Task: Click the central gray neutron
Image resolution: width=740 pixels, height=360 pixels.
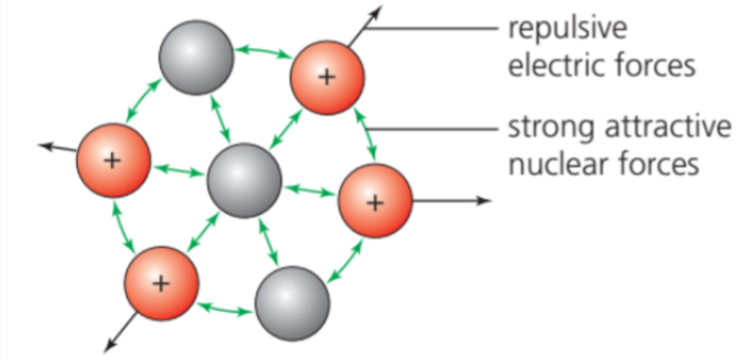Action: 243,180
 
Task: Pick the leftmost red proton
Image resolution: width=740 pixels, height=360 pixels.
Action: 113,160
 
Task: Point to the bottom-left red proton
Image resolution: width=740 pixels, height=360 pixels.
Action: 161,283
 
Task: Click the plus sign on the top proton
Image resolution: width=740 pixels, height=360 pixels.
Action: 326,77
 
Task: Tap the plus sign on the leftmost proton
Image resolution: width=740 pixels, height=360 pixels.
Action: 112,160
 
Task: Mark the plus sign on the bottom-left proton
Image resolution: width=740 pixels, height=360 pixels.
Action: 161,283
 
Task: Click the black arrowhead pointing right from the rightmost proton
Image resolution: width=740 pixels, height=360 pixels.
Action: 483,201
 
